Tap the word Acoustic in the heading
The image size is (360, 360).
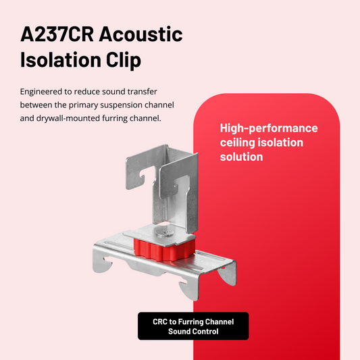(x=141, y=34)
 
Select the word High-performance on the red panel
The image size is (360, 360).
(x=269, y=128)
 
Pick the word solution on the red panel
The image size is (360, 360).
(x=241, y=157)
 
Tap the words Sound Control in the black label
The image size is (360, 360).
(x=193, y=332)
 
